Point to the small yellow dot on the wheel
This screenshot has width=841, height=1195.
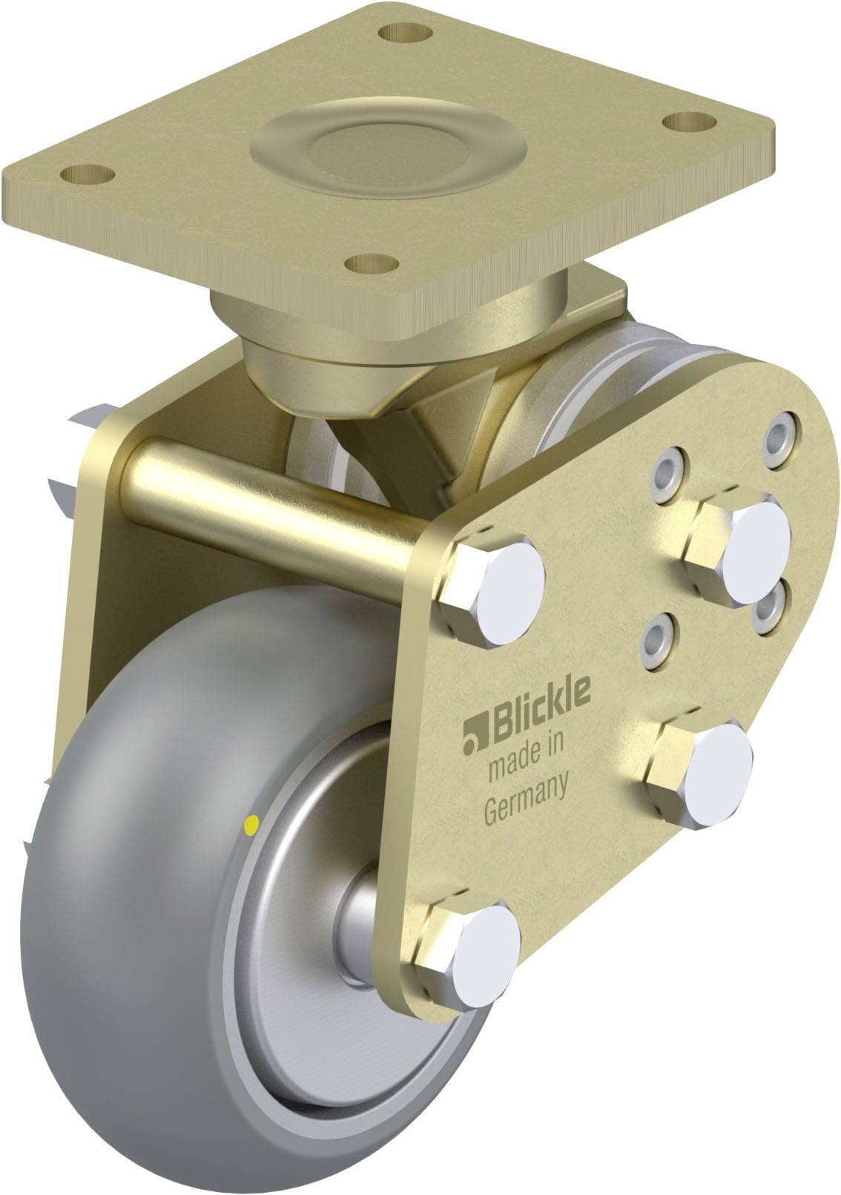[x=251, y=823]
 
